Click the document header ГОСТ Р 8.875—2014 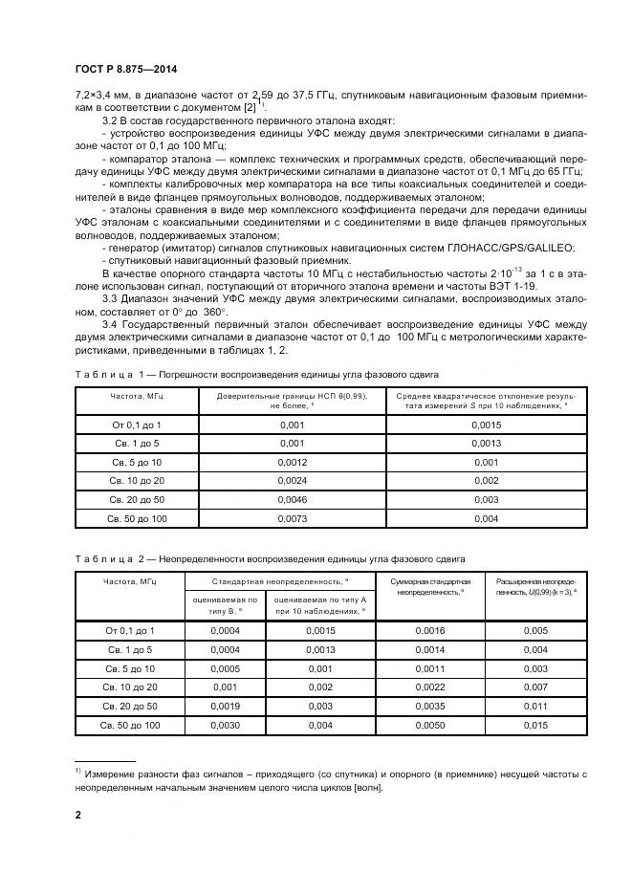pos(125,70)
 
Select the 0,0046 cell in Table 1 pos(291,499)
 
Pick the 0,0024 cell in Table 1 pos(291,480)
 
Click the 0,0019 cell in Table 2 pos(225,706)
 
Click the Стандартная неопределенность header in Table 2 pos(278,580)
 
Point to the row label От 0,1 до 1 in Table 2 pos(129,630)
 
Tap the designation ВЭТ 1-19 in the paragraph pos(516,285)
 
